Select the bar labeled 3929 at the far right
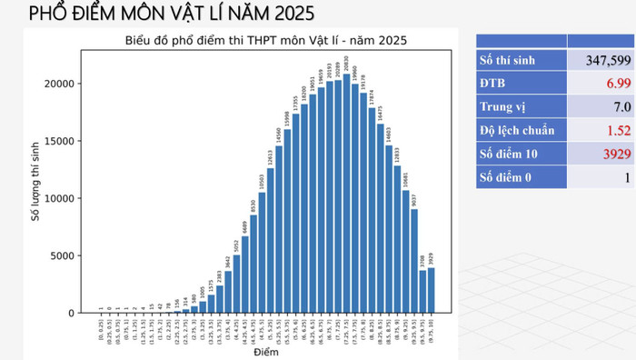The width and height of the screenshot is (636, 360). click(431, 290)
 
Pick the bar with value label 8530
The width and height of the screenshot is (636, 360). click(253, 264)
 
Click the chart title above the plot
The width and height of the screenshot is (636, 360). click(265, 40)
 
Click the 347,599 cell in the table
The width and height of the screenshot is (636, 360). click(601, 60)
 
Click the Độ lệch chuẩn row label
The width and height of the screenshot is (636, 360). click(517, 130)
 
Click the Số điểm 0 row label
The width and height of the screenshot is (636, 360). click(509, 177)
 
